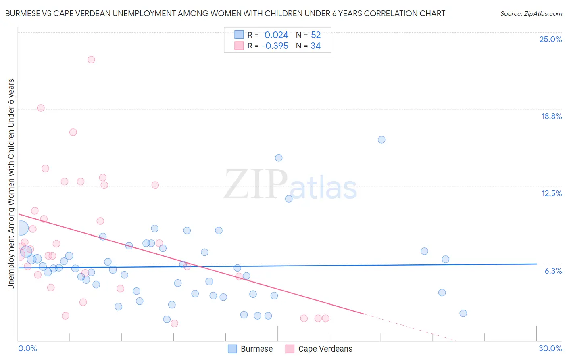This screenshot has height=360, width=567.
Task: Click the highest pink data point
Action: tap(91, 59)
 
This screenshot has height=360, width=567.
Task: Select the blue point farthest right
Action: tap(463, 313)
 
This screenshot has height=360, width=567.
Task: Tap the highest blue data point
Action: tap(381, 140)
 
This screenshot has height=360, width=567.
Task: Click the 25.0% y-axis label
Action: tap(550, 39)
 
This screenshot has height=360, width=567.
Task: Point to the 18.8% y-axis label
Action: tap(551, 116)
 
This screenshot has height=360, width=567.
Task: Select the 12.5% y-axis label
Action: tap(551, 193)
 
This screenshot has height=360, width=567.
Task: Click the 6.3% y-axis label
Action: tap(553, 271)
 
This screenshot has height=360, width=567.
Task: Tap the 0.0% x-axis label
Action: tap(27, 348)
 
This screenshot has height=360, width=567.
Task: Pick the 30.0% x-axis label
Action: tap(550, 348)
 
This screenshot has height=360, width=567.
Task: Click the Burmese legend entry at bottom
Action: tap(256, 349)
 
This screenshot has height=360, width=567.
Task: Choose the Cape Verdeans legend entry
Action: tap(325, 349)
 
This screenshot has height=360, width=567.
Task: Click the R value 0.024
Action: tap(276, 35)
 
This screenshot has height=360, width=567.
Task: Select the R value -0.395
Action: tap(275, 46)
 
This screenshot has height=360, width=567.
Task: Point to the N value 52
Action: tap(316, 35)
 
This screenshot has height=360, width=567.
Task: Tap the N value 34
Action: tap(315, 46)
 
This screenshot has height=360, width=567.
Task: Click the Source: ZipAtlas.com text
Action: tap(531, 13)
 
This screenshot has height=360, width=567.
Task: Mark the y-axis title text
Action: tap(11, 184)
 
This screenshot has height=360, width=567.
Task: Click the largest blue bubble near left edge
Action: tap(21, 228)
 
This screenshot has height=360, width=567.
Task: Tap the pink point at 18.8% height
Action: tap(41, 108)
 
